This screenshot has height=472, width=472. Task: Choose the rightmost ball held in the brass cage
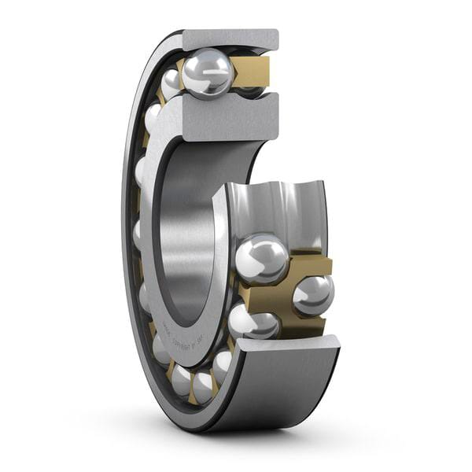[313, 295]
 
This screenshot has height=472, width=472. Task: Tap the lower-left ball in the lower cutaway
[252, 321]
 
